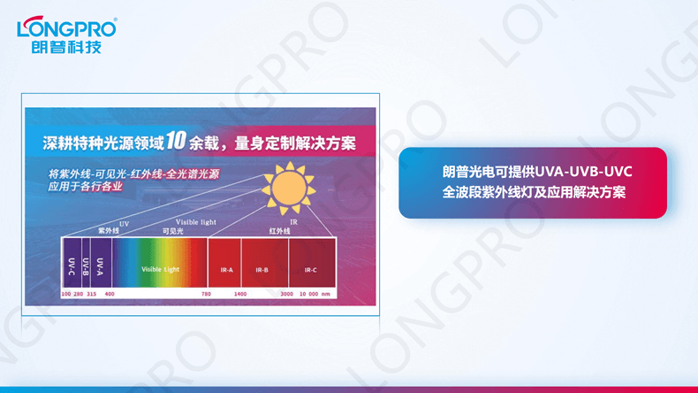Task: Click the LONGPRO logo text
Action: [x=66, y=27]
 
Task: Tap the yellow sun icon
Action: [x=286, y=187]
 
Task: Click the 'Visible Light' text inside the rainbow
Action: [x=159, y=269]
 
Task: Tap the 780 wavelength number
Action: [x=206, y=292]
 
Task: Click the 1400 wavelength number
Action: [x=240, y=292]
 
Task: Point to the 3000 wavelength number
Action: [x=287, y=292]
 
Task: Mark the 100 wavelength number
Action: [x=65, y=292]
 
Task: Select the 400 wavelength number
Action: [x=110, y=292]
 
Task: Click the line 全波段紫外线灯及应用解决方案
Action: [x=534, y=191]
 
